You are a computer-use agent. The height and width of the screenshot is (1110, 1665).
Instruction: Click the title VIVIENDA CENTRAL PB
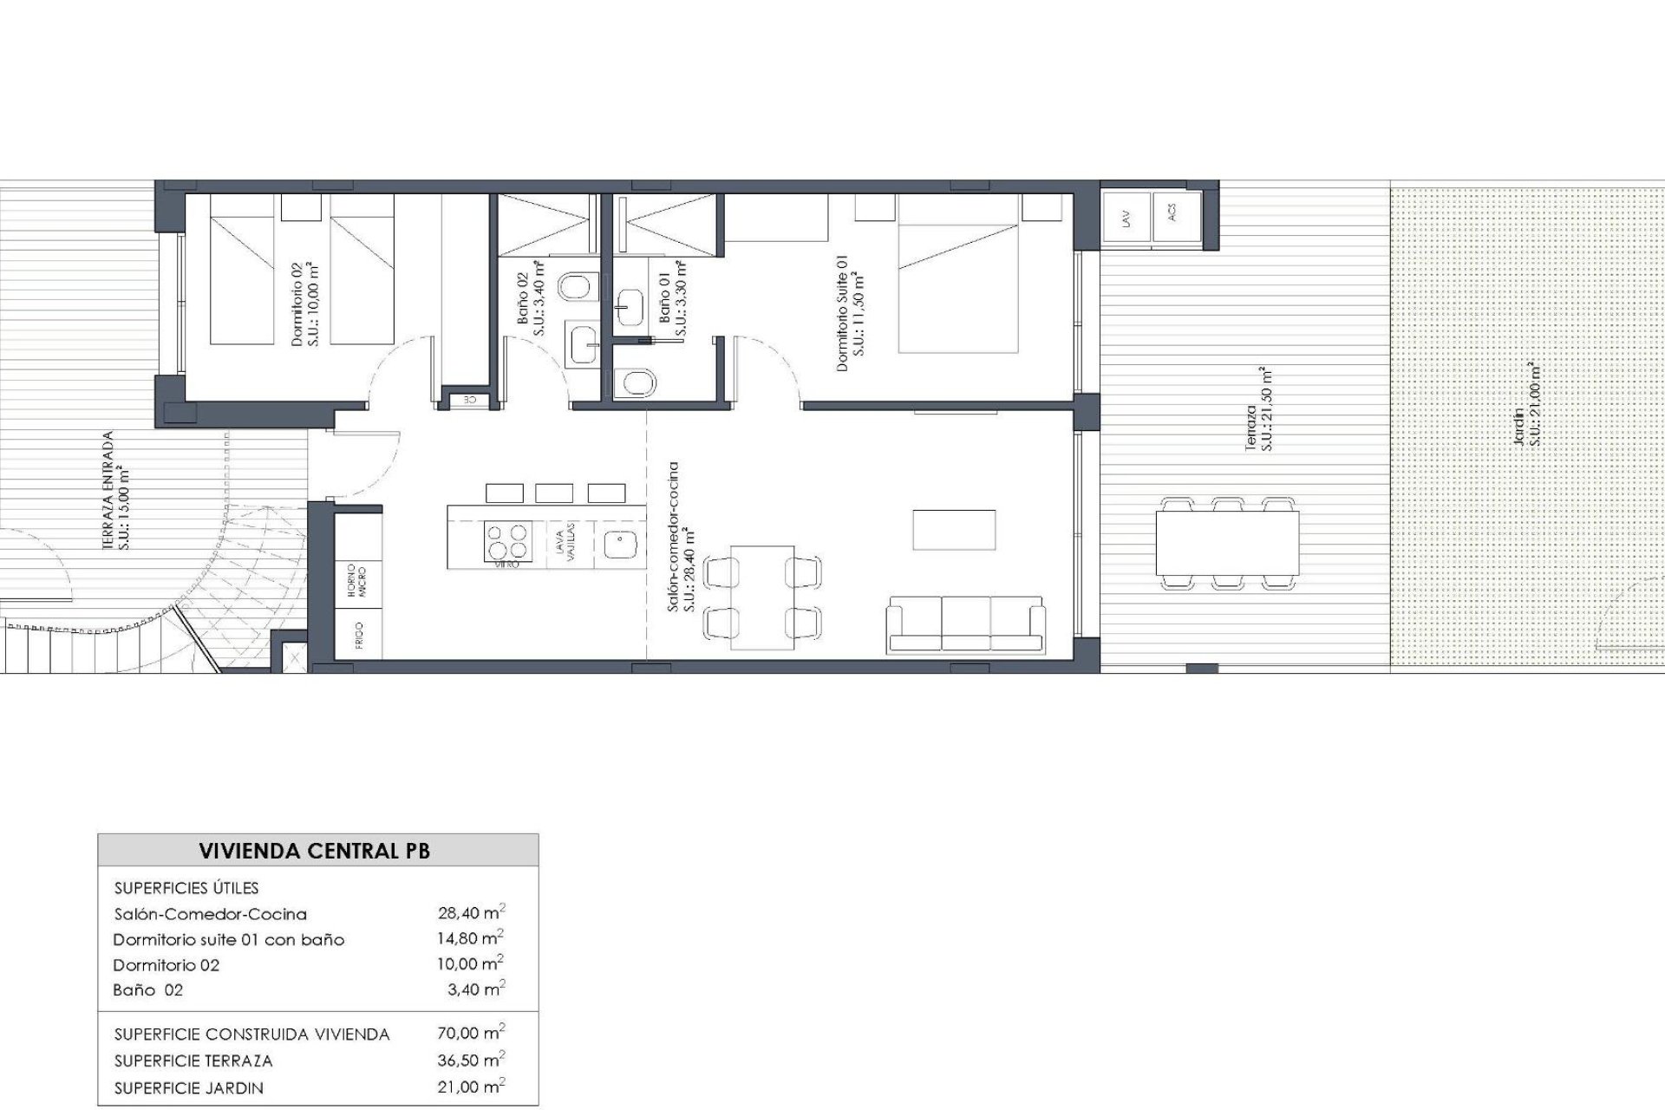pos(314,851)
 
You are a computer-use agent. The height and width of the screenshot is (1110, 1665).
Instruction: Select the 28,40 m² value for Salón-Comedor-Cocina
pos(471,912)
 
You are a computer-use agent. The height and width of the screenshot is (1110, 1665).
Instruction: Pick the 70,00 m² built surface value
pos(471,1033)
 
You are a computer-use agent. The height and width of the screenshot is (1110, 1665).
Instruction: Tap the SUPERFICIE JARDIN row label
pos(188,1087)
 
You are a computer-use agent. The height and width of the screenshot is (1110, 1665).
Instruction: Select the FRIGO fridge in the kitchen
pos(358,634)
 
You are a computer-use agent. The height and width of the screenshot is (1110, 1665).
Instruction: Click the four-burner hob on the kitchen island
pos(507,542)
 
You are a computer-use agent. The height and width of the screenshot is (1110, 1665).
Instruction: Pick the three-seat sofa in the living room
pos(965,624)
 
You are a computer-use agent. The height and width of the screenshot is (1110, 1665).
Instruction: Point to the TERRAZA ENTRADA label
pos(114,492)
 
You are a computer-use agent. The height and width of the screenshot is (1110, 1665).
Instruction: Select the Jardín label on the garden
pos(1525,404)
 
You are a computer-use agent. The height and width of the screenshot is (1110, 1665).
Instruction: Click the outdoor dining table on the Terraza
pos(1227,543)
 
